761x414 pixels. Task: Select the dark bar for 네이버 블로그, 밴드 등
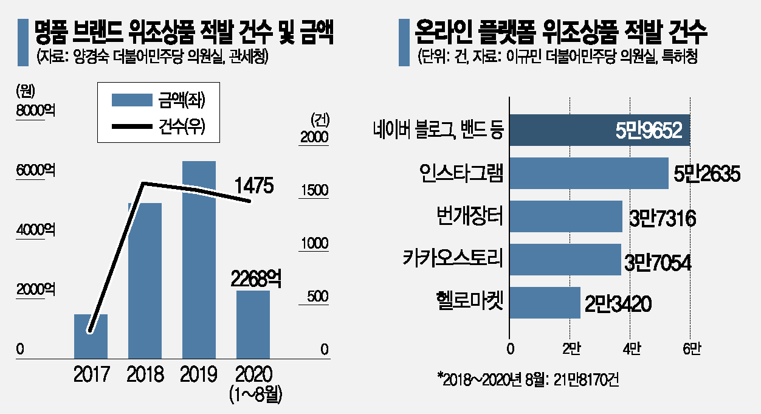coord(599,130)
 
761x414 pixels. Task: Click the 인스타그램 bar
coord(588,173)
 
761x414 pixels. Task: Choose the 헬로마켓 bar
coord(545,302)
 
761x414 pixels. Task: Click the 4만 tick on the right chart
coord(630,350)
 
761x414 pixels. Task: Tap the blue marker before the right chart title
coord(404,42)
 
